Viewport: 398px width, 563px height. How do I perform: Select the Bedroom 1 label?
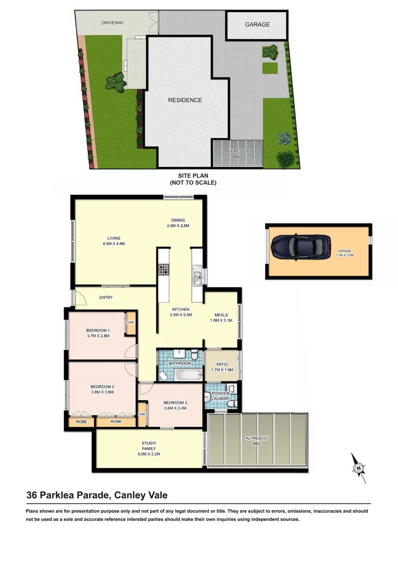tap(98, 331)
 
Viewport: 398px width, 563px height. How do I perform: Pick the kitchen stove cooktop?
tap(164, 270)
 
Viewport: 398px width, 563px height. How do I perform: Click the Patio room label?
tap(222, 364)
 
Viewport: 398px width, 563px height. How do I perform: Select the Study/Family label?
tap(149, 446)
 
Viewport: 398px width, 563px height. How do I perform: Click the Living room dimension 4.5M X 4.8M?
tap(114, 243)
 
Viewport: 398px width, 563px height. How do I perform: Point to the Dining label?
tap(178, 220)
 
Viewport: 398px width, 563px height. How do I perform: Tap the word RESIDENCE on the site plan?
tap(184, 100)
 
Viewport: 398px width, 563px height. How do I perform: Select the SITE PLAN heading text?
tap(193, 176)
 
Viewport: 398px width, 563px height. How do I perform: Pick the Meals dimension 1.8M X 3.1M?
tap(222, 321)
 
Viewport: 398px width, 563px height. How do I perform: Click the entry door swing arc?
tap(80, 298)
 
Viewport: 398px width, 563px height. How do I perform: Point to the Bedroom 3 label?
tap(175, 402)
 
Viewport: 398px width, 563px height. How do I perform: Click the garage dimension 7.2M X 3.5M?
tap(345, 255)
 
